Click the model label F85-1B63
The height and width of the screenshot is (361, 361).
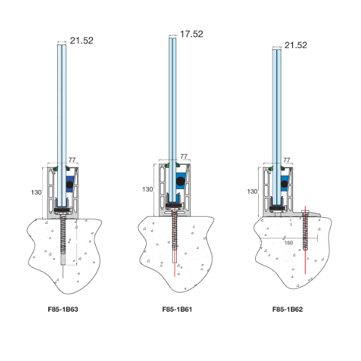point(63,309)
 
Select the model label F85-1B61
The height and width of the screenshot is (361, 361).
point(177,309)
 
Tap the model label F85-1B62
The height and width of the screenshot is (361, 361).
point(288,309)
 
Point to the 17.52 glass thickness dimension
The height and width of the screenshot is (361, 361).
point(191,34)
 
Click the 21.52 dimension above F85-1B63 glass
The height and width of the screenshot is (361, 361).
point(81,41)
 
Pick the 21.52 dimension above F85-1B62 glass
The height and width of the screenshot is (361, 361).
point(295,45)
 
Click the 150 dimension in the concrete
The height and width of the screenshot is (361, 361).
point(288,242)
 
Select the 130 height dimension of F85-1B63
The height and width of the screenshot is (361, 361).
point(36,193)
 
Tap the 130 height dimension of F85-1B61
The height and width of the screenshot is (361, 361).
point(147,190)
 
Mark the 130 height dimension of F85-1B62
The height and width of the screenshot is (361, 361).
point(252,191)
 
